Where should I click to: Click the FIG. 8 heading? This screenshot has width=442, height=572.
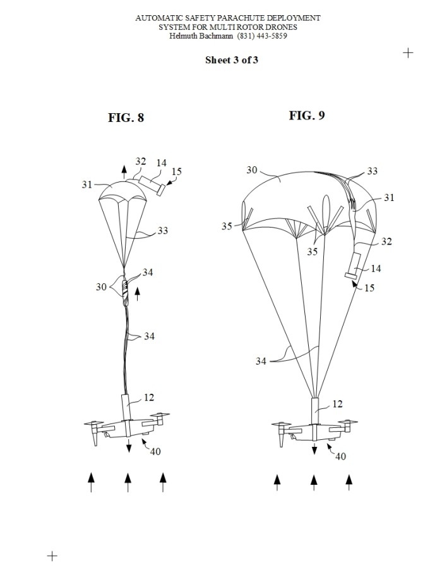pyautogui.click(x=126, y=118)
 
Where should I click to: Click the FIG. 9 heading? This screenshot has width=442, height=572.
pyautogui.click(x=307, y=115)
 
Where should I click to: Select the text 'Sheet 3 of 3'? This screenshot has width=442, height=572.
pyautogui.click(x=231, y=60)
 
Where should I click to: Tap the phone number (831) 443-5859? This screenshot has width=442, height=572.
pyautogui.click(x=262, y=36)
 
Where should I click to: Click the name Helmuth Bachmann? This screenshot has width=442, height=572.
pyautogui.click(x=201, y=36)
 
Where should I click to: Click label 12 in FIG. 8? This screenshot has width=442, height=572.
pyautogui.click(x=149, y=398)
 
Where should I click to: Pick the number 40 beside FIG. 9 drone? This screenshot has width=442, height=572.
pyautogui.click(x=340, y=456)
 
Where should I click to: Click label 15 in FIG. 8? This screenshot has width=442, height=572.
pyautogui.click(x=176, y=171)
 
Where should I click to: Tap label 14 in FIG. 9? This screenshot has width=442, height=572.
pyautogui.click(x=376, y=269)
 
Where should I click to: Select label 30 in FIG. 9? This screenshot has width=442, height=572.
pyautogui.click(x=252, y=170)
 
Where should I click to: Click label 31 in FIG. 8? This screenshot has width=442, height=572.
pyautogui.click(x=87, y=185)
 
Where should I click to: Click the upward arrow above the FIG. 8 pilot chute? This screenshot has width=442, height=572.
pyautogui.click(x=124, y=172)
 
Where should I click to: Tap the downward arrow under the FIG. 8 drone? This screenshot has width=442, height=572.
pyautogui.click(x=129, y=445)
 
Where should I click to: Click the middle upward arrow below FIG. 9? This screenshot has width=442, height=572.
pyautogui.click(x=314, y=482)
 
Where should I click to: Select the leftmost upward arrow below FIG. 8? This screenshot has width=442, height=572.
pyautogui.click(x=91, y=482)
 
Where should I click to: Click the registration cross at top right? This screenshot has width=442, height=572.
pyautogui.click(x=408, y=53)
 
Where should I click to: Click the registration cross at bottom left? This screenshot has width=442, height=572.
pyautogui.click(x=52, y=556)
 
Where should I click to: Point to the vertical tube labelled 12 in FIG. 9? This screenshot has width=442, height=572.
pyautogui.click(x=315, y=411)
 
